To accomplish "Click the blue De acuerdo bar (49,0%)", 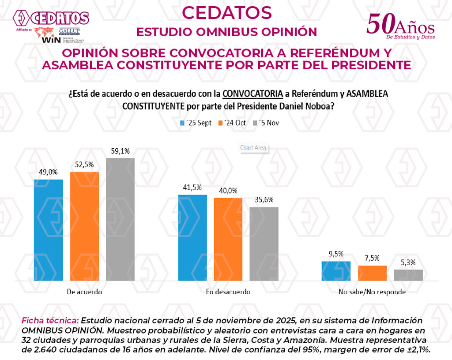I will [48, 230].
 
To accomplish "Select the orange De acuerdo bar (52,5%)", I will [84, 226].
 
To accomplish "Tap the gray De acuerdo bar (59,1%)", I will [120, 219].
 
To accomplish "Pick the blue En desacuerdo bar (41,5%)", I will [192, 237].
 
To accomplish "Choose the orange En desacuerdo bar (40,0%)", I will [228, 239].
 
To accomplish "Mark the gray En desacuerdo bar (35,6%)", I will [264, 244].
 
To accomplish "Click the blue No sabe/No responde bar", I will [336, 271].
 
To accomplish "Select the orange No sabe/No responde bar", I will [372, 273].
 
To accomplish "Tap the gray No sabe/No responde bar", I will [408, 275].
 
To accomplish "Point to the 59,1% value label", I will [121, 151].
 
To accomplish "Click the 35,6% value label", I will [264, 200].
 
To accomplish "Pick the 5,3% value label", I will [408, 262].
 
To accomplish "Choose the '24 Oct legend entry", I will [232, 123].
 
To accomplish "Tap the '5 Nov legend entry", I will [265, 123].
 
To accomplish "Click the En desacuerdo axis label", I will [228, 292].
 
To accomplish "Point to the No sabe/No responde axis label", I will [372, 292].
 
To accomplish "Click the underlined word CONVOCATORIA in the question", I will [252, 94].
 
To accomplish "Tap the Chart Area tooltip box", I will [253, 148].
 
